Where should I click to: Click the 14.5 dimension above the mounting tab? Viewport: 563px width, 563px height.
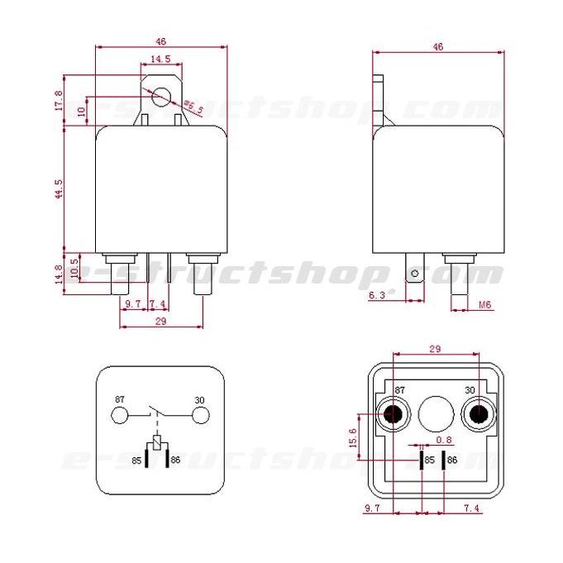point(160,60)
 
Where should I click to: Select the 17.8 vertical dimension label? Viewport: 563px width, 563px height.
point(59,99)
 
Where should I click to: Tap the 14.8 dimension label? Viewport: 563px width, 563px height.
point(59,274)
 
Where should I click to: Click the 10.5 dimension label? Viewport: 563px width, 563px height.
point(74,267)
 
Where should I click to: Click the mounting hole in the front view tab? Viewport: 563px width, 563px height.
point(160,99)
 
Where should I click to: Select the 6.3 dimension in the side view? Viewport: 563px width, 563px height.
point(375,294)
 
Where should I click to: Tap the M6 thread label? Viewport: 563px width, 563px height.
point(485,305)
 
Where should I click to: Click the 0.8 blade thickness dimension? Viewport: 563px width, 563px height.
point(444,440)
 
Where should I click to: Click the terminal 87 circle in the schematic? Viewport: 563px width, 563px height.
point(121,415)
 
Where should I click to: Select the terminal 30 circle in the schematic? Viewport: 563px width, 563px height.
point(198,415)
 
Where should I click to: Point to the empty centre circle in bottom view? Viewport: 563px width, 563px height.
point(435,413)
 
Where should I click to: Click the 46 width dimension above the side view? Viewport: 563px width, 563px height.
point(438,47)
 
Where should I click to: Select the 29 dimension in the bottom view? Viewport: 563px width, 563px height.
point(435,350)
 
